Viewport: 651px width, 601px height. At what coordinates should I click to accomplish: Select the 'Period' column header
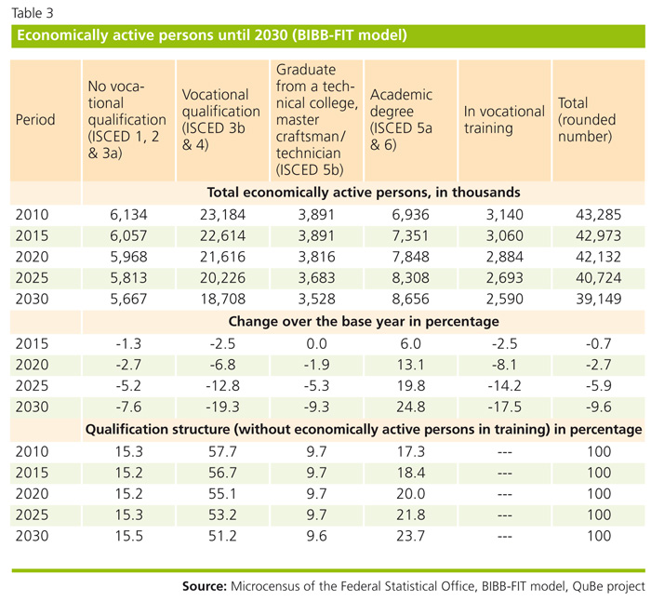click(x=36, y=119)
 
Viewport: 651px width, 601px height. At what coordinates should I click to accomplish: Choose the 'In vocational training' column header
click(x=503, y=119)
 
